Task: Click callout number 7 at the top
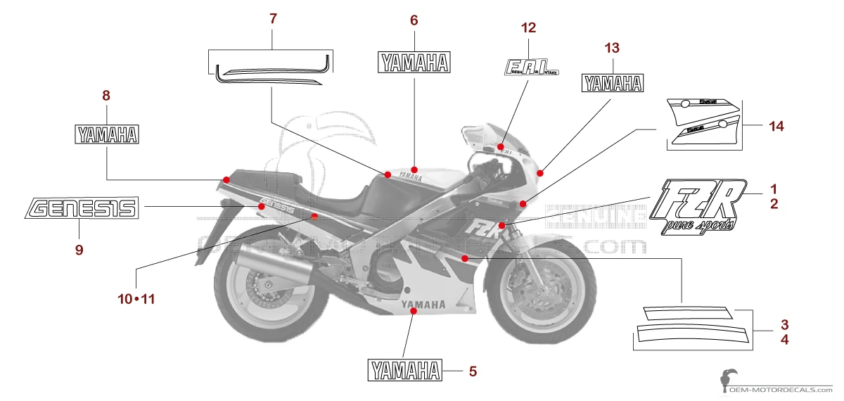pyautogui.click(x=273, y=19)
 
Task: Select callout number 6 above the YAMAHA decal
pyautogui.click(x=414, y=20)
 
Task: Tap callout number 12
pyautogui.click(x=528, y=28)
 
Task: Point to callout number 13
pyautogui.click(x=612, y=49)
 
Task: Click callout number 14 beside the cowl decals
pyautogui.click(x=776, y=127)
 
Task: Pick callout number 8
pyautogui.click(x=106, y=95)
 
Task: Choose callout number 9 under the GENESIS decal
pyautogui.click(x=79, y=249)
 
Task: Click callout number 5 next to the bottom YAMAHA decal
pyautogui.click(x=473, y=370)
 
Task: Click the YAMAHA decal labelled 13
pyautogui.click(x=612, y=84)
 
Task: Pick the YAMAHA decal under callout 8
pyautogui.click(x=107, y=134)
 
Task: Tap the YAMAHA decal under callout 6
pyautogui.click(x=414, y=63)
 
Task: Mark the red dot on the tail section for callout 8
pyautogui.click(x=226, y=180)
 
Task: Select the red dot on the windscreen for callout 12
pyautogui.click(x=501, y=147)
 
